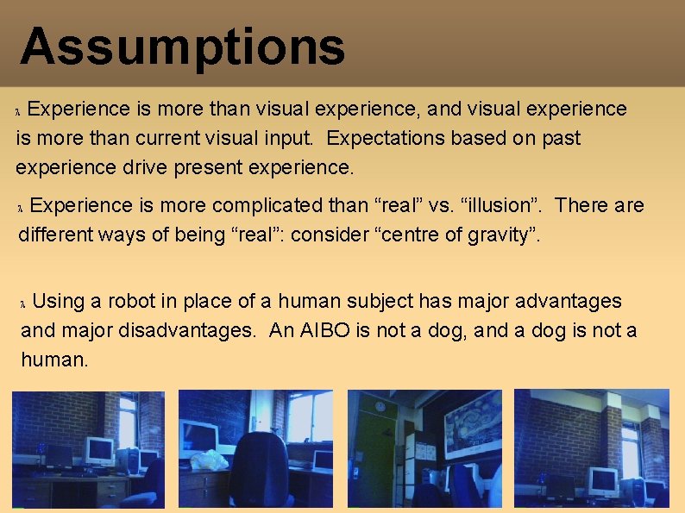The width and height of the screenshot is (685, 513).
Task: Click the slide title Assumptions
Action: tap(182, 47)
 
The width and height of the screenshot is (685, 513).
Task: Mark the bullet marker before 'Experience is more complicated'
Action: tap(22, 207)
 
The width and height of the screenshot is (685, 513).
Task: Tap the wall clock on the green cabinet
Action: tap(380, 405)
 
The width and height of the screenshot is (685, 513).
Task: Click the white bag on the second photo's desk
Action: tap(209, 460)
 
